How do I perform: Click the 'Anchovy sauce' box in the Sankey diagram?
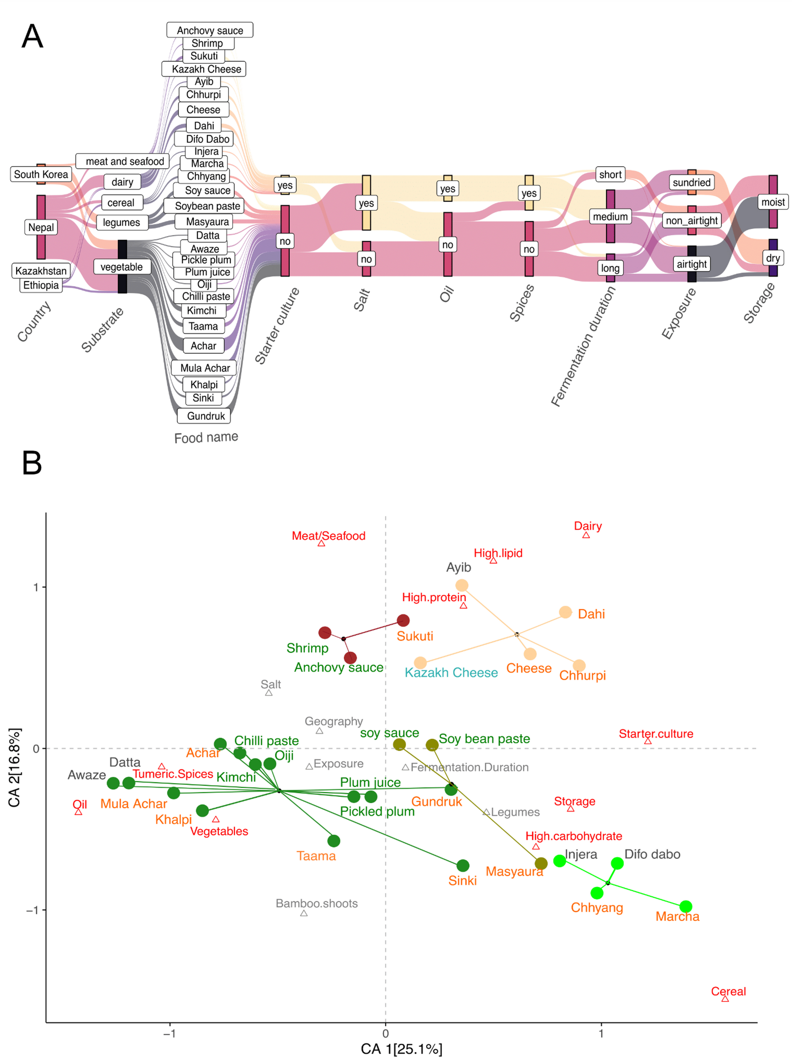209,30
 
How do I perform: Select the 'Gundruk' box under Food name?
206,416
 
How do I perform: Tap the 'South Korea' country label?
41,174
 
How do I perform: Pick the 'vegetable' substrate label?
122,267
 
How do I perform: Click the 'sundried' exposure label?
691,182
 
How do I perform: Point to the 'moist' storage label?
772,202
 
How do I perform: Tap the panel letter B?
32,463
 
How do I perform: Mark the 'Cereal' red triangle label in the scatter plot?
728,991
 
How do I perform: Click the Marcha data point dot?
685,906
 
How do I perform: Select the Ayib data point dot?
462,585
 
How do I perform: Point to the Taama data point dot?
334,841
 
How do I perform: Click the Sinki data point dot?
463,865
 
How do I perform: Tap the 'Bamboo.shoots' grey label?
316,903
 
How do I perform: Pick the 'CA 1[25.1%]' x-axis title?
401,1048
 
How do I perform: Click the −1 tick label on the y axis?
32,910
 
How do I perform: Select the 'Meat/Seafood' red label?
328,536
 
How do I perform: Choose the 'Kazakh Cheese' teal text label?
451,672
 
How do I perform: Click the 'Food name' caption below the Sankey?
206,438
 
